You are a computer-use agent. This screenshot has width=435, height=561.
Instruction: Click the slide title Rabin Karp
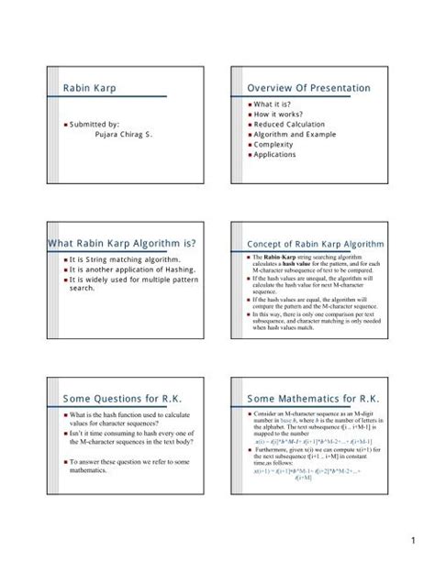pos(90,88)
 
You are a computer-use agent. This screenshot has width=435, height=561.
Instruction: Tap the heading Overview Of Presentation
pos(309,88)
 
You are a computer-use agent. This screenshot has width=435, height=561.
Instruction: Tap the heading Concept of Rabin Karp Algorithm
pos(310,244)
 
